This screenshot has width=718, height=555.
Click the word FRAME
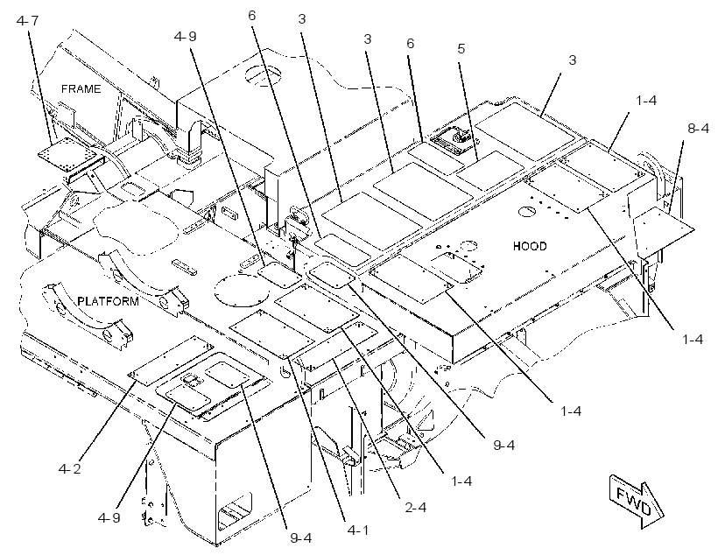pos(81,88)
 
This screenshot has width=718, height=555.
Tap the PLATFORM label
pos(108,301)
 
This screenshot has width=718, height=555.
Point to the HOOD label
pos(530,246)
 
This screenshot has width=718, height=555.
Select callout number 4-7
pos(27,21)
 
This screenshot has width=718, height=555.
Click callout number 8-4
pos(699,129)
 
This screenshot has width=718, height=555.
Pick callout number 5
pos(461,48)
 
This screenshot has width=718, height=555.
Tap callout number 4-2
pos(69,469)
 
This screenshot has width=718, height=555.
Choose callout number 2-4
pos(415,508)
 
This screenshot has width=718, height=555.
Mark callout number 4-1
pos(357,530)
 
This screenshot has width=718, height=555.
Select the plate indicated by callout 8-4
pos(663,228)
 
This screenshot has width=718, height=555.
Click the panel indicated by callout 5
pos(490,170)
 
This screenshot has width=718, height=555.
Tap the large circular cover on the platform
pos(242,290)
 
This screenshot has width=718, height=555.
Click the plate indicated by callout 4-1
pos(272,334)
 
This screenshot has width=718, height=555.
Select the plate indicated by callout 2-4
pos(336,344)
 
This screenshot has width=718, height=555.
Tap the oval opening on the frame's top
pos(264,74)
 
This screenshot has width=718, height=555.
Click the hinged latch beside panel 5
pos(453,136)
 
